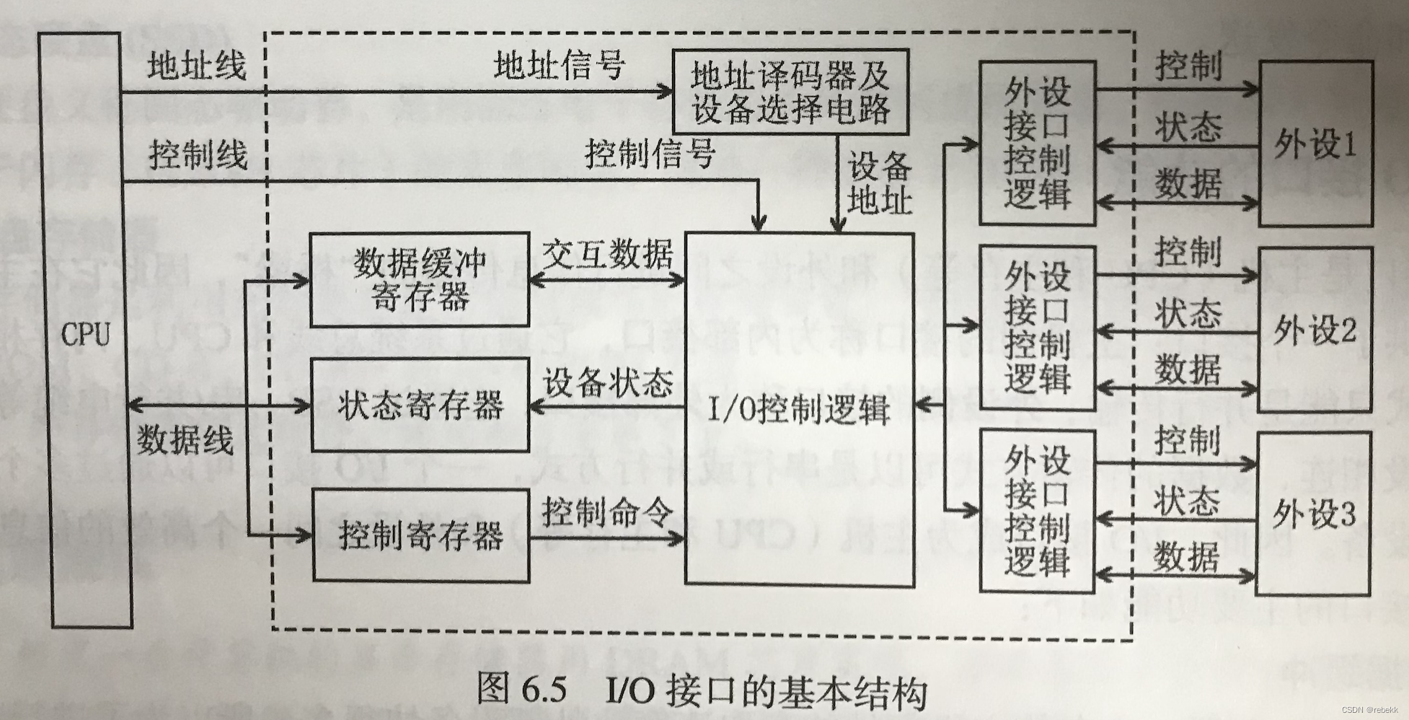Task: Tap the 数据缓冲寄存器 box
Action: pos(420,279)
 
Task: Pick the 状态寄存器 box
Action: pos(420,406)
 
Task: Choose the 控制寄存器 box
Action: pos(420,536)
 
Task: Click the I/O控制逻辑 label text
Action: pos(799,411)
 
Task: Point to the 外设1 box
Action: pos(1315,144)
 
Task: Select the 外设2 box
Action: pos(1314,330)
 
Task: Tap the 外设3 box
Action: pos(1313,514)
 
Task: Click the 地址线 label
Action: pos(197,66)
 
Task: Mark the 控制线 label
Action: pos(198,155)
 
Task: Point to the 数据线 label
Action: pos(185,439)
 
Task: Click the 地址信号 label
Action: pos(560,66)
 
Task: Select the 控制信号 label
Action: pos(650,154)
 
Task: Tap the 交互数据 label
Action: pos(607,254)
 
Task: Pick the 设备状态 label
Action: pos(608,383)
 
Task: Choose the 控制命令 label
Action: pos(607,512)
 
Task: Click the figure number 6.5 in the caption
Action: pos(542,690)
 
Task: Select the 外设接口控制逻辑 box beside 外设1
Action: pos(1037,144)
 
